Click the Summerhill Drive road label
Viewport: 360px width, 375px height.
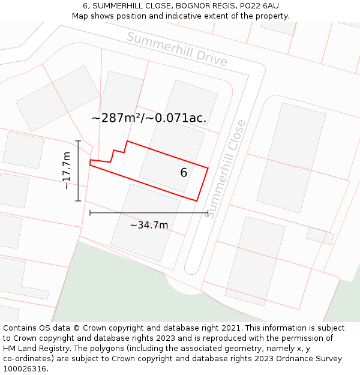click(x=177, y=49)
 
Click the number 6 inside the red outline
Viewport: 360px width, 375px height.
click(x=184, y=173)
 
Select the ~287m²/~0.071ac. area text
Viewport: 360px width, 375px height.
click(x=149, y=118)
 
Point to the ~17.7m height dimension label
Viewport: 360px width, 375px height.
click(x=66, y=171)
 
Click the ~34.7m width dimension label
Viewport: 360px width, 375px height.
click(x=149, y=225)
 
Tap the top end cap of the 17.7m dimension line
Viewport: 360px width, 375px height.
click(x=78, y=141)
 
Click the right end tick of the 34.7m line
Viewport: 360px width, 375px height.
click(x=208, y=212)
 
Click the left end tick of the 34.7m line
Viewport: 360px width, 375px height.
click(x=90, y=212)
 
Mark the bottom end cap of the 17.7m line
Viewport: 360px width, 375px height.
click(x=78, y=201)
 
